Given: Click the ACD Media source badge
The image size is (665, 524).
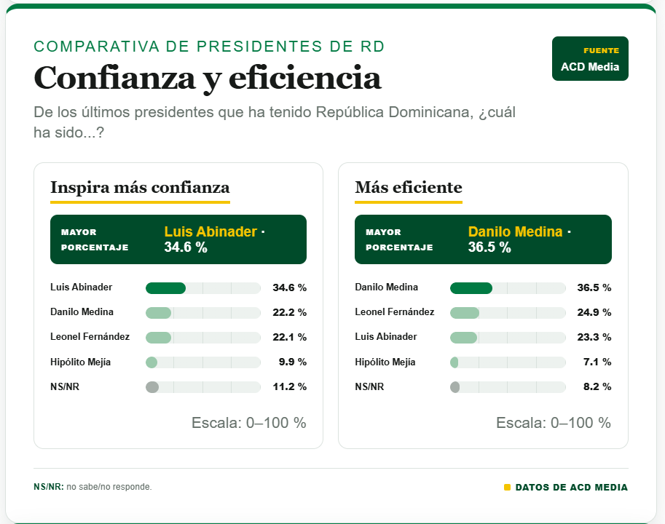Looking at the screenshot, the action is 590,58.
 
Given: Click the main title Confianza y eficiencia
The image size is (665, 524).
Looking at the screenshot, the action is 208,79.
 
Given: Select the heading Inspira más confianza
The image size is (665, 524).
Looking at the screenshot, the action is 140,187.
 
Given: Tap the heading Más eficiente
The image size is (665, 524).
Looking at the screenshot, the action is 409,187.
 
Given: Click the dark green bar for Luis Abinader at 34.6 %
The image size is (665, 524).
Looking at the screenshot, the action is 165,288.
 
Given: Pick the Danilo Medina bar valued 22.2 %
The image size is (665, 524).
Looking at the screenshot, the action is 158,313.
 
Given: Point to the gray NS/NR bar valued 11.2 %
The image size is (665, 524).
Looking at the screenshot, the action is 152,387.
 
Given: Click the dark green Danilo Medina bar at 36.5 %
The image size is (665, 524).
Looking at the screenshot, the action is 471,288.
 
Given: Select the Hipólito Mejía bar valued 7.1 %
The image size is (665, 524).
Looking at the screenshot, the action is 455,362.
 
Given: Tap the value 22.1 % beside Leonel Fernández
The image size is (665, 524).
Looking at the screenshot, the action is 289,337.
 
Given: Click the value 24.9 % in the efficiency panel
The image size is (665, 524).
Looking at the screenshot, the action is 594,313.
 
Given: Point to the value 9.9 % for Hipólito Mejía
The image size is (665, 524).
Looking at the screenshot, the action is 292,362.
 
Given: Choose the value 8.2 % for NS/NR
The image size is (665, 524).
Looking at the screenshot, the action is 597,386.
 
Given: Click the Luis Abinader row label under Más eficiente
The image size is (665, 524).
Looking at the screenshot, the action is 386,336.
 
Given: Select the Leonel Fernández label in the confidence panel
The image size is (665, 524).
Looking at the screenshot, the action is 90,336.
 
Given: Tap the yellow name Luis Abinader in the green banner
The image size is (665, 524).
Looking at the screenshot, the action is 210,231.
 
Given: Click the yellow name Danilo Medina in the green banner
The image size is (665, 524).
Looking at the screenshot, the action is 515,231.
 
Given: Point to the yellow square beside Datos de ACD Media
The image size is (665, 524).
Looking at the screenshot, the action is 507,487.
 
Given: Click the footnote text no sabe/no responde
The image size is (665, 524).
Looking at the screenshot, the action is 109,487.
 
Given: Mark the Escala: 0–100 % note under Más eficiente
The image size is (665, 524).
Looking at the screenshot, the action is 554,423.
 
